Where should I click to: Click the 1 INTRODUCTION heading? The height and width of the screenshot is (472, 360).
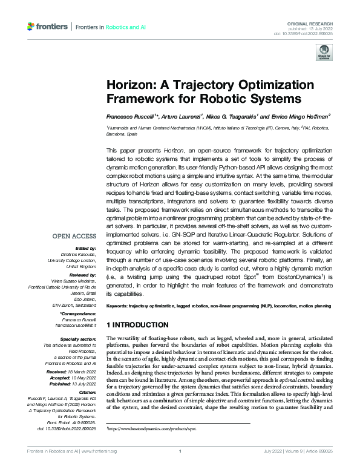(137, 325)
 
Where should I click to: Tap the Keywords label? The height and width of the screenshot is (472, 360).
(119, 307)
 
